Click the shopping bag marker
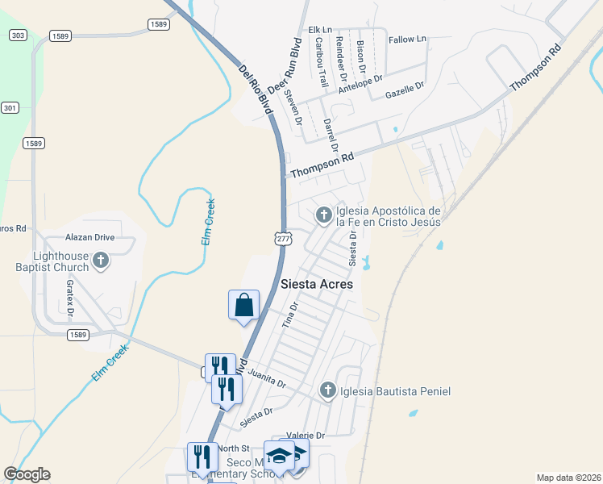[x=243, y=306]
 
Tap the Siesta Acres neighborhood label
[x=318, y=285]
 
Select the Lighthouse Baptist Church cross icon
[x=101, y=260]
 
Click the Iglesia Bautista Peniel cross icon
[x=327, y=390]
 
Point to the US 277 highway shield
[x=283, y=239]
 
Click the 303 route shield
[x=18, y=35]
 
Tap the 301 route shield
[x=10, y=107]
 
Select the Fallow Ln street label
[x=407, y=40]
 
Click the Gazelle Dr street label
[x=405, y=90]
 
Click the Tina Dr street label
[x=290, y=315]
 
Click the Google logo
[x=27, y=474]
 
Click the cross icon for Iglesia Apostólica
[x=323, y=215]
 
